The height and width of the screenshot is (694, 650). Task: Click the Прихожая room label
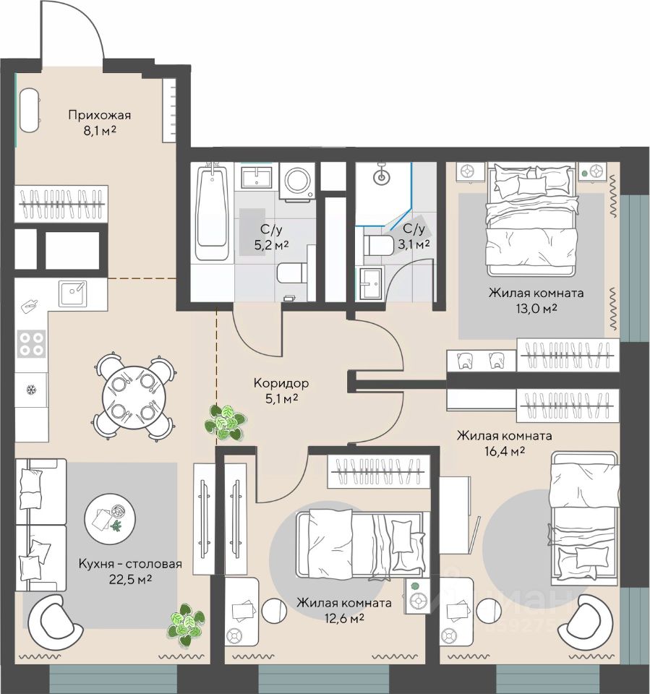[x=100, y=116]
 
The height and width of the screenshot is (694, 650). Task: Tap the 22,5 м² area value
[x=131, y=579]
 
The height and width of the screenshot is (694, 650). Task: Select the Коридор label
[x=281, y=383]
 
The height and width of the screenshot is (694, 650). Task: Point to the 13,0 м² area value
[x=536, y=309]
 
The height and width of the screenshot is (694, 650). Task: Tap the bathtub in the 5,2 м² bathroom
[x=213, y=212]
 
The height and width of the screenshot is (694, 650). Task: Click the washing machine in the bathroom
[x=297, y=181]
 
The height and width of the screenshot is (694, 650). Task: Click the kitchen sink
[x=73, y=293]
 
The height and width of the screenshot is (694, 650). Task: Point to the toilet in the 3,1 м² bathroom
[x=379, y=245]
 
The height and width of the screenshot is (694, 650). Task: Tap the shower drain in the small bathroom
[x=381, y=178]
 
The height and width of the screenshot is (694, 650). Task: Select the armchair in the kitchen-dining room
[x=54, y=622]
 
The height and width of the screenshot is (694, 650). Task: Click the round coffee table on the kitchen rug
[x=110, y=519]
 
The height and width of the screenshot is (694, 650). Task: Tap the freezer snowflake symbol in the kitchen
[x=31, y=390]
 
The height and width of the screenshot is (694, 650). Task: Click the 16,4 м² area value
[x=504, y=451]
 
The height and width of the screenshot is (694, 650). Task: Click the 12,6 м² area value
[x=343, y=618]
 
